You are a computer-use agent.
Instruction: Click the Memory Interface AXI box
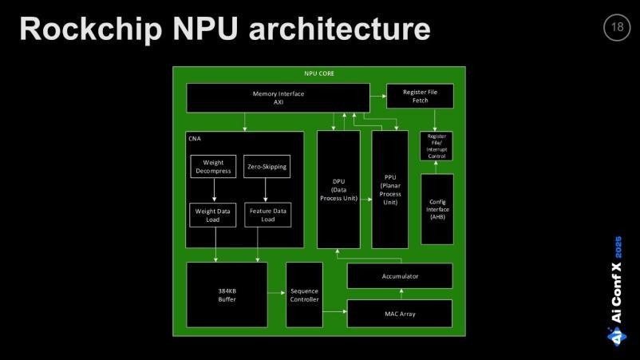(279, 97)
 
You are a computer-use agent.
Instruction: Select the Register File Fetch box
(420, 97)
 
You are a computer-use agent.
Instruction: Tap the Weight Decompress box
(213, 167)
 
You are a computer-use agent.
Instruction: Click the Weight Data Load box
(213, 215)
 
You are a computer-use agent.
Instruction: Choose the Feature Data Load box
(267, 215)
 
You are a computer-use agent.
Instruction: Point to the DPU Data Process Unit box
(338, 190)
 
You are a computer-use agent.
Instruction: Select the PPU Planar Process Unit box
(389, 190)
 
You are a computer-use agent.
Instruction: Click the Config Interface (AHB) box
(437, 209)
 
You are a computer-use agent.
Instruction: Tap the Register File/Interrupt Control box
(437, 146)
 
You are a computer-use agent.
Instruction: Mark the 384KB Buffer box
(227, 295)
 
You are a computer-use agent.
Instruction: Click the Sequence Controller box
(304, 295)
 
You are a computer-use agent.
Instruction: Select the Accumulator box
(399, 275)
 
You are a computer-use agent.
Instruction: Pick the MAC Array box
(399, 314)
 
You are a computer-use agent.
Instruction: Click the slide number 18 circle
(617, 28)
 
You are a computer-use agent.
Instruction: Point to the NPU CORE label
(319, 73)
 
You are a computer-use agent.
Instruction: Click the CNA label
(195, 139)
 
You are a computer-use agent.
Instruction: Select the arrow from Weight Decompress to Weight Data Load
(213, 191)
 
